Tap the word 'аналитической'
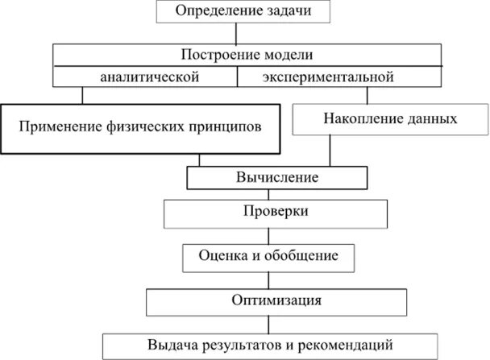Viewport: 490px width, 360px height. coord(150,77)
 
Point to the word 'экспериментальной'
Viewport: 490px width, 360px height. coord(327,77)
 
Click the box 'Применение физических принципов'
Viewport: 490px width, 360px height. coord(141,126)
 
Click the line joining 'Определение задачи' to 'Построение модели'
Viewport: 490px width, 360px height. coord(236,33)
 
